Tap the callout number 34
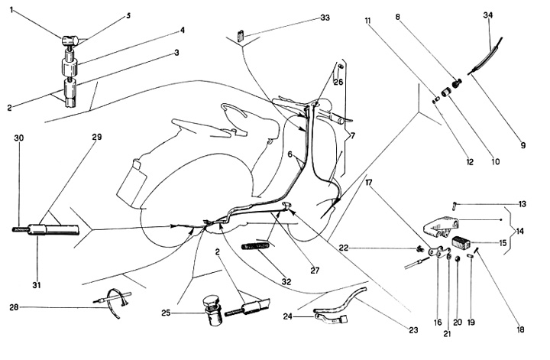489,15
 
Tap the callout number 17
370,183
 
